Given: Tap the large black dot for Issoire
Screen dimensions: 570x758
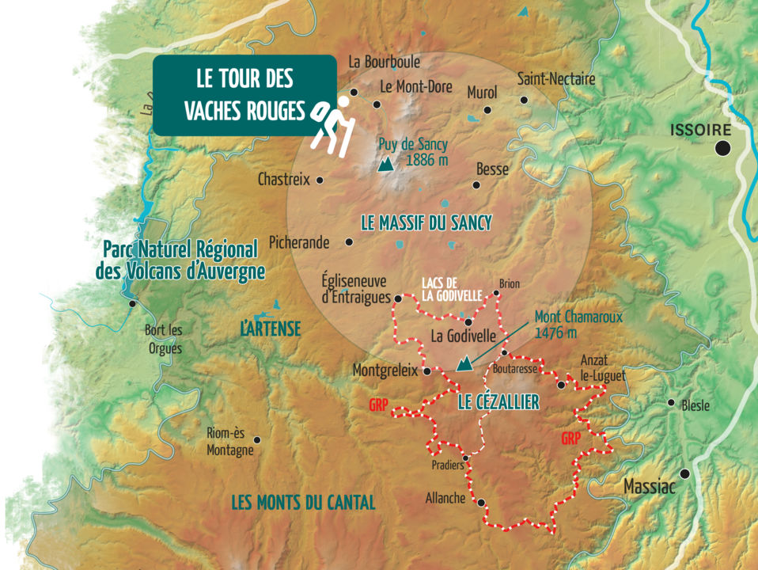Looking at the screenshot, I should pyautogui.click(x=722, y=147).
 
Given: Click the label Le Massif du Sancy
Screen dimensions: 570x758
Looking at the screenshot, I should pyautogui.click(x=426, y=223).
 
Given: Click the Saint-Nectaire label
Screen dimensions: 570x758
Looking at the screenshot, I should pyautogui.click(x=556, y=79).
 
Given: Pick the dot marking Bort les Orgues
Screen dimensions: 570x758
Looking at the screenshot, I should pyautogui.click(x=132, y=303).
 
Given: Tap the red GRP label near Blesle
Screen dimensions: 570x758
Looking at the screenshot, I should pyautogui.click(x=571, y=438).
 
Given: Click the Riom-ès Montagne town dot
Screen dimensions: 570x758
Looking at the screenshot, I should pyautogui.click(x=256, y=439).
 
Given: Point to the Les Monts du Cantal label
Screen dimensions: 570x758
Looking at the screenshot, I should pyautogui.click(x=303, y=502).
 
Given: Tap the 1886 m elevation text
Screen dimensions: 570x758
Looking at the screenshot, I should pyautogui.click(x=427, y=160).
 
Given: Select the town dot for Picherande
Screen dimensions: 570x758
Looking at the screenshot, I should pyautogui.click(x=349, y=242).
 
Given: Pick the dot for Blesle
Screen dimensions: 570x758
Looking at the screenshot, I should pyautogui.click(x=672, y=402).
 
